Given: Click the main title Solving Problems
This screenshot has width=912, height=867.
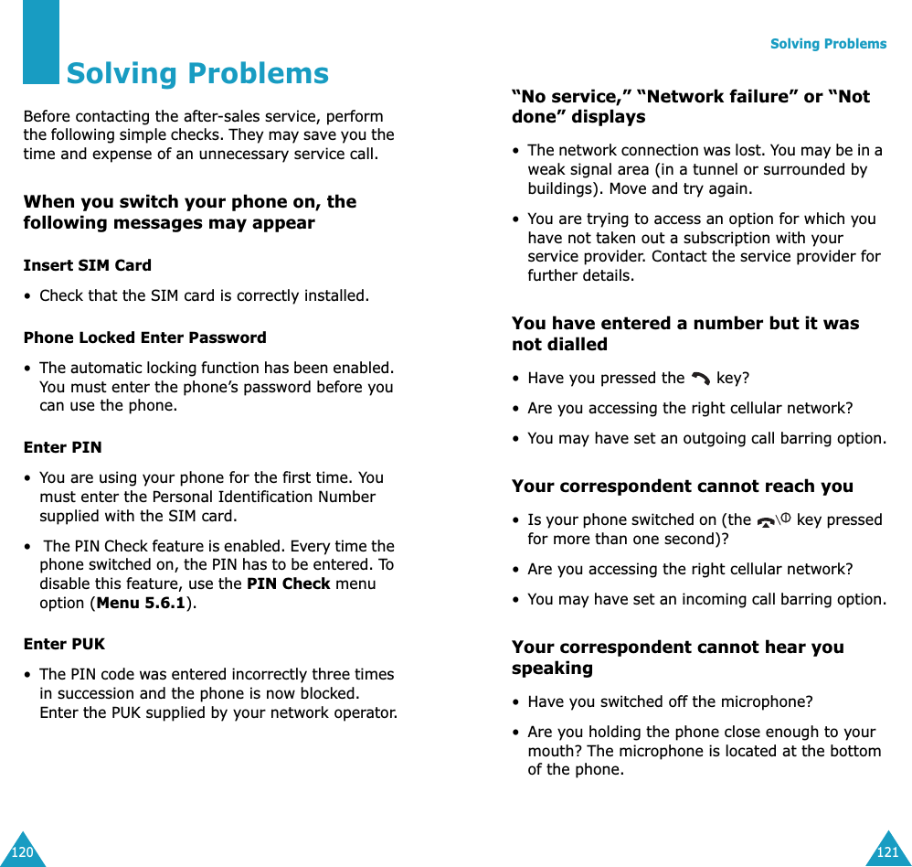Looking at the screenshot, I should (x=197, y=73).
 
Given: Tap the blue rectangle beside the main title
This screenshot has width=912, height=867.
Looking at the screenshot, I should (x=41, y=41).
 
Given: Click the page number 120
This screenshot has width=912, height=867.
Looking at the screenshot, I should (x=22, y=852).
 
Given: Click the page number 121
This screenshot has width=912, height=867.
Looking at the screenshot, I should (x=887, y=852).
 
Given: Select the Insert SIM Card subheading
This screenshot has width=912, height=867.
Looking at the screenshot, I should (x=88, y=265).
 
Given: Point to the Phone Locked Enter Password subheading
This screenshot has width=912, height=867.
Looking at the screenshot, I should (x=144, y=337).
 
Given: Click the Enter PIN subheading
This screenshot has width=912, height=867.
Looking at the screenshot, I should (x=62, y=447).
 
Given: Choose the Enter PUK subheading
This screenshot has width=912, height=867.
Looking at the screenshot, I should (x=64, y=644).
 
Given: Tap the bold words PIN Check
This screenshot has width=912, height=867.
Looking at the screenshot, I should (x=288, y=583).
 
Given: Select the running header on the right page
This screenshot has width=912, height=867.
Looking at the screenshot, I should (x=828, y=44).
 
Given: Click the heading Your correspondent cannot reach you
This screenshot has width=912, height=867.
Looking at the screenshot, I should (x=682, y=487).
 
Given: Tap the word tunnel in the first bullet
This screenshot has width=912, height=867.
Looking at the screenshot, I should (x=796, y=169).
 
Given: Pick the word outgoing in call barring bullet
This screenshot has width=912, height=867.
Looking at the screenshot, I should (x=692, y=438).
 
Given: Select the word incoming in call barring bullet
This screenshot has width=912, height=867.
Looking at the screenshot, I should (x=692, y=599).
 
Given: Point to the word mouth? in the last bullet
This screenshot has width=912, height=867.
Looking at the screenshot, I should (x=555, y=751).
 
